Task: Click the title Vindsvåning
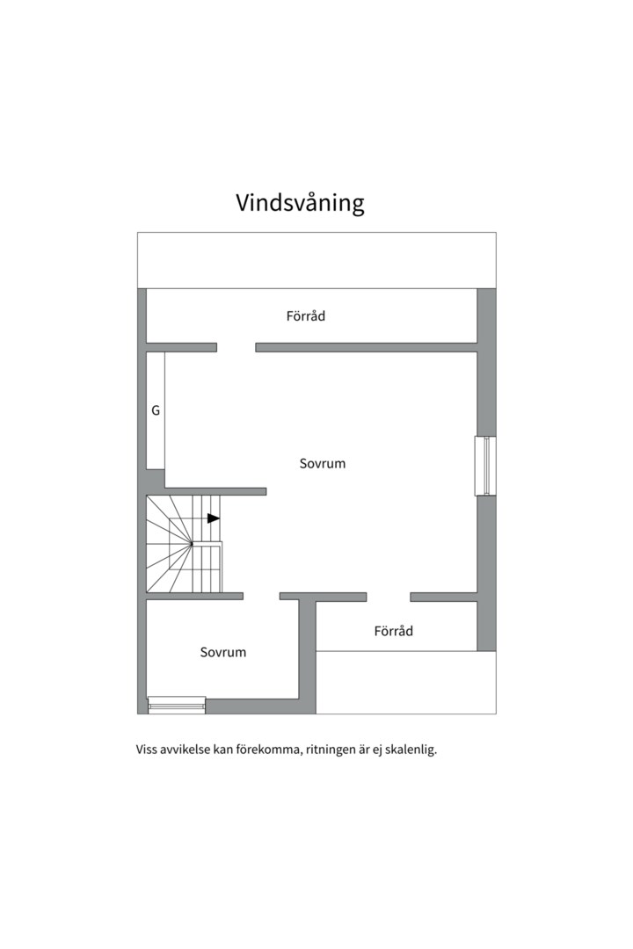click(x=300, y=203)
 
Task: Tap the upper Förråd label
click(x=305, y=315)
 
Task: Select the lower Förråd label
click(x=393, y=631)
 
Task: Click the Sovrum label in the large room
click(x=322, y=463)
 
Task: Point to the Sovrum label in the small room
click(x=222, y=652)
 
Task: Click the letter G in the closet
click(x=156, y=410)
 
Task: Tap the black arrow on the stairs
click(x=213, y=518)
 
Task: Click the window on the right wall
click(x=485, y=466)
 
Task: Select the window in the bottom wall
click(x=177, y=704)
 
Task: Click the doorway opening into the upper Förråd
click(x=236, y=347)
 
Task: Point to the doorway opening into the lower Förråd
click(x=388, y=597)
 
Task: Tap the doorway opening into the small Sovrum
click(x=261, y=597)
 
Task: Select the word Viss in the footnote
click(x=147, y=750)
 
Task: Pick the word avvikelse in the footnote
click(x=185, y=750)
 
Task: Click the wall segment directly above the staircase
click(x=215, y=491)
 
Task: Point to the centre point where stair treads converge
click(x=191, y=544)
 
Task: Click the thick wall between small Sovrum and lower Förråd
click(x=307, y=650)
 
